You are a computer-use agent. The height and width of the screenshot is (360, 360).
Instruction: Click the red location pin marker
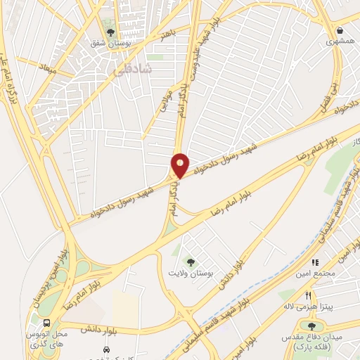180,165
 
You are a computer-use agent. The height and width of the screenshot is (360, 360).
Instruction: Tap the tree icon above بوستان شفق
108,32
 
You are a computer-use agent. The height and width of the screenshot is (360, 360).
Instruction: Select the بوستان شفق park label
107,44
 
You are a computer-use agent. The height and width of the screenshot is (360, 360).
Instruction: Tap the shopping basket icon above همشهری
340,31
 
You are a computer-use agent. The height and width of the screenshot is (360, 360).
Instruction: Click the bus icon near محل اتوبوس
46,323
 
